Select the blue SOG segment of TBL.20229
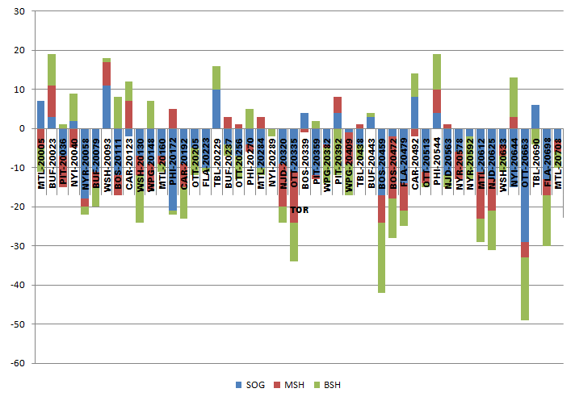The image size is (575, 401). click(x=216, y=109)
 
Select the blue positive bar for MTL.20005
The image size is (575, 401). click(x=40, y=115)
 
